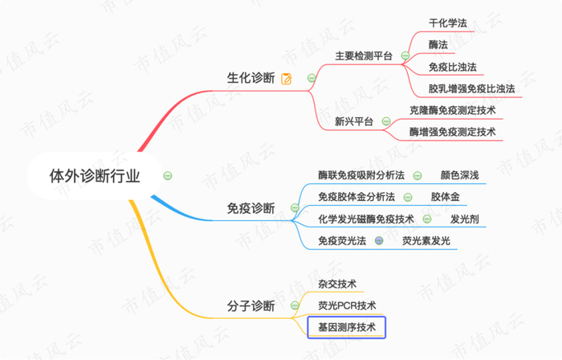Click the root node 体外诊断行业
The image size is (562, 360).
coord(95,175)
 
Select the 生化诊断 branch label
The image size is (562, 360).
coord(251,78)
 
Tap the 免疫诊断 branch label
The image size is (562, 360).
coord(251,208)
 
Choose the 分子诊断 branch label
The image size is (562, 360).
coord(251,306)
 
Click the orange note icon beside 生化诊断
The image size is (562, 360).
coord(287,79)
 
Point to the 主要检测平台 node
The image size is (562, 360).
coord(363,56)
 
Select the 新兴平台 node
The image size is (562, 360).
coord(354,122)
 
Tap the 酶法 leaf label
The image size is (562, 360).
coord(439,45)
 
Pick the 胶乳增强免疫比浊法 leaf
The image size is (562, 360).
coord(472,88)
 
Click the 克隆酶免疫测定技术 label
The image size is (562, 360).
coord(452,111)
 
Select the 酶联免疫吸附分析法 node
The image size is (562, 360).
coord(361,175)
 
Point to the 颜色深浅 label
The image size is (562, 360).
coord(460,175)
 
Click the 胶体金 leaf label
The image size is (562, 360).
coord(445,197)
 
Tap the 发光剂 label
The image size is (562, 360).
coord(464,219)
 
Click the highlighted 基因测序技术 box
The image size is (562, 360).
coord(347,327)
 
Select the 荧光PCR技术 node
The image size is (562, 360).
coord(347,305)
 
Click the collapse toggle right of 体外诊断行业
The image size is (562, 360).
coord(167,175)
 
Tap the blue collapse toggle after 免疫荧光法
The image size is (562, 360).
coord(379,240)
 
